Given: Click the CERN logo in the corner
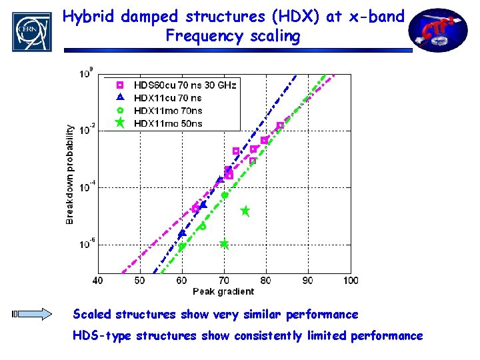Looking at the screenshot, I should point(31,31).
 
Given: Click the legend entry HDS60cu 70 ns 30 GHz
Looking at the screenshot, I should point(185,85).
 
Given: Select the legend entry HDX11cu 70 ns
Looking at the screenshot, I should point(167,98).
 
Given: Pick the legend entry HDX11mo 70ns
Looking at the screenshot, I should point(167,111).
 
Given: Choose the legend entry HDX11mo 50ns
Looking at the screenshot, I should point(167,123).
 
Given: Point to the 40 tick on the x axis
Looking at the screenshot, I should point(98,281).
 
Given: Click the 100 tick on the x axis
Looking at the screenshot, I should point(350,281).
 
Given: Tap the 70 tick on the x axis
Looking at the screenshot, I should point(224,281).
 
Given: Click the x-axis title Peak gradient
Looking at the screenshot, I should point(223,291).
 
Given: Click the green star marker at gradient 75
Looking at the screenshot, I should point(245,211).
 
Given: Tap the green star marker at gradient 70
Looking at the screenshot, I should point(224,244).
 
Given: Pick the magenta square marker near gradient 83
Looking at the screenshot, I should point(280,125).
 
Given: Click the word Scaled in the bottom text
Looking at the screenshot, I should point(92,314).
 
